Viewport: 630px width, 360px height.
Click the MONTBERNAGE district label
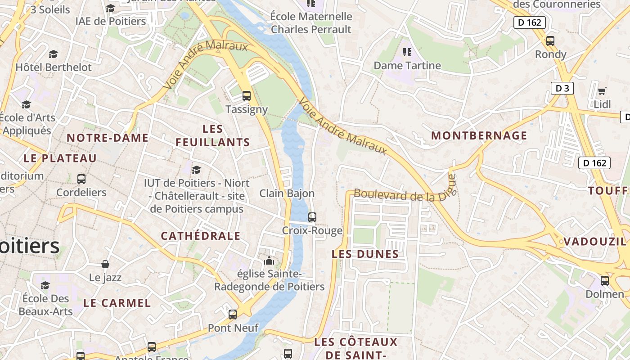479,135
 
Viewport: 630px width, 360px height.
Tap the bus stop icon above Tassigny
247,95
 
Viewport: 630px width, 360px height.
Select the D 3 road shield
562,88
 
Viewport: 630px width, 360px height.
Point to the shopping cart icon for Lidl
602,91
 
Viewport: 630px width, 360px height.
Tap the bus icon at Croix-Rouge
312,217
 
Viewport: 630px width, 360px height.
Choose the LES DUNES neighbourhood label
365,254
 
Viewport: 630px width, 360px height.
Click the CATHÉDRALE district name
201,236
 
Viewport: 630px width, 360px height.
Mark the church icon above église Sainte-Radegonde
269,261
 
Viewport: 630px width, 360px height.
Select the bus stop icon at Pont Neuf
233,315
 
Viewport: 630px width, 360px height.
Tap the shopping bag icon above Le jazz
105,264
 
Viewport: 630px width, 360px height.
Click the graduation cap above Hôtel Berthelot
54,54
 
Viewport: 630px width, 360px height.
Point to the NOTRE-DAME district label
108,138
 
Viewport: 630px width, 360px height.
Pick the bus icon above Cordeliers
81,179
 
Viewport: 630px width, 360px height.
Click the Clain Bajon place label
287,193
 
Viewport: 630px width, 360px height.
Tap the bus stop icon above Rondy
550,41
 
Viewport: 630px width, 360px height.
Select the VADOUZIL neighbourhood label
594,241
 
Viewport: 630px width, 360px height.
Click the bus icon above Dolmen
605,281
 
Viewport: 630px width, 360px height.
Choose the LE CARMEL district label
117,303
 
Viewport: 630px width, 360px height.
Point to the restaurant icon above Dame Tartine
407,52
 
